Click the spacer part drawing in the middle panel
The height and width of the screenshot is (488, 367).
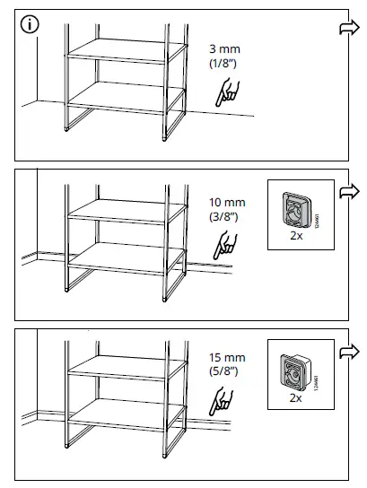(293, 211)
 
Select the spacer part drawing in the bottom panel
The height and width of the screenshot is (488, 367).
(293, 369)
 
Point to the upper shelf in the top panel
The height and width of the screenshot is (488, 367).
(116, 50)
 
